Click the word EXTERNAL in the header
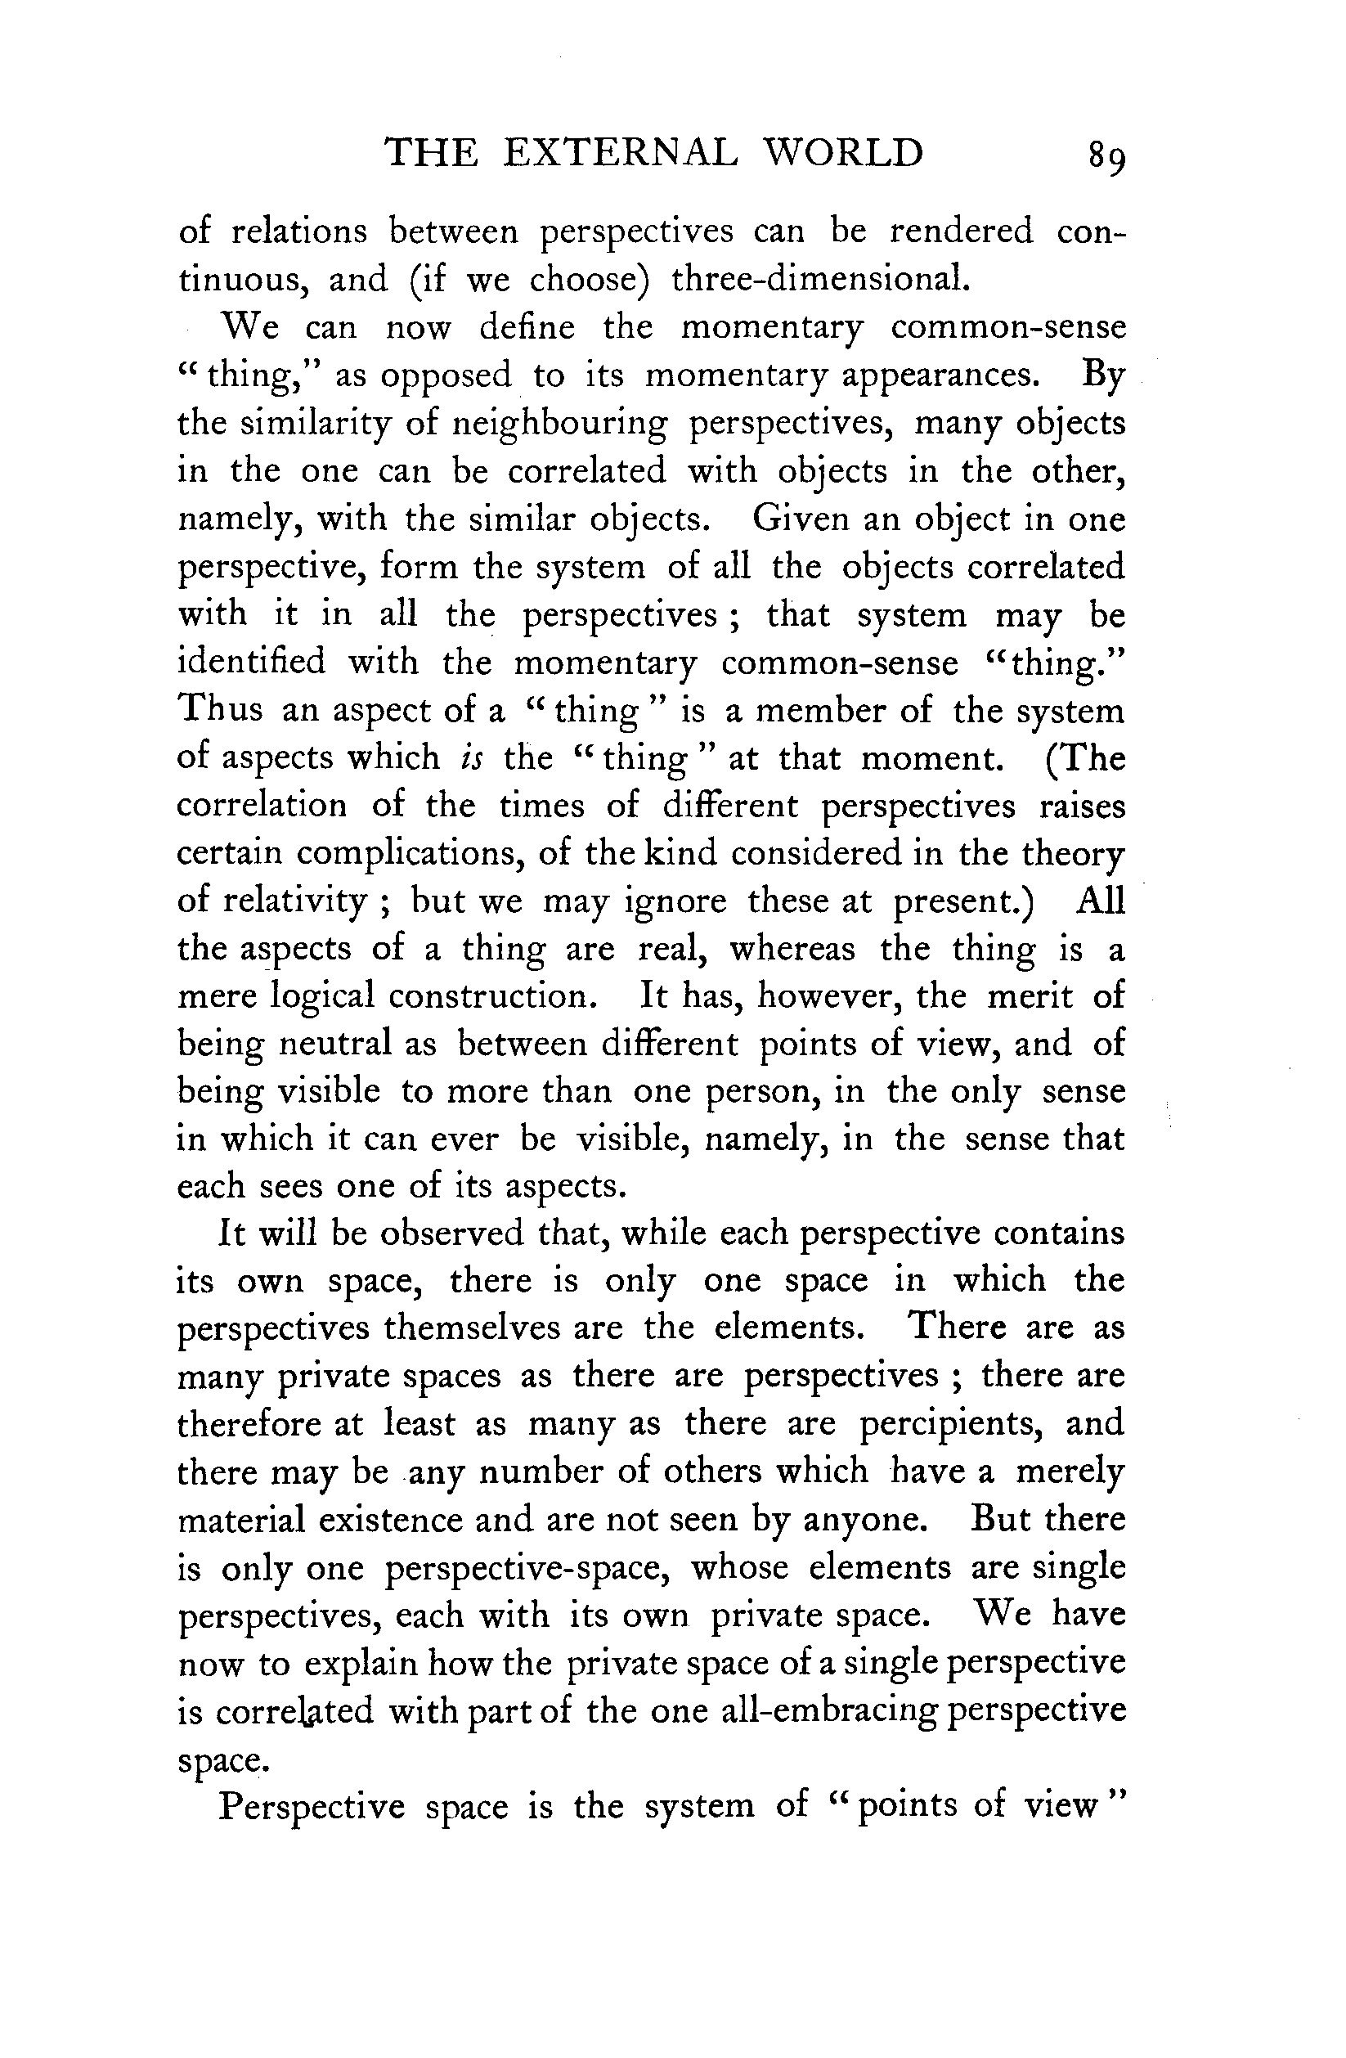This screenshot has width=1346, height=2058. pyautogui.click(x=620, y=153)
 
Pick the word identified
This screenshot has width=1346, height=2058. pyautogui.click(x=251, y=663)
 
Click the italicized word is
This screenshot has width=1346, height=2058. pyautogui.click(x=471, y=758)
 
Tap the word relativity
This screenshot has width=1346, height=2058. pyautogui.click(x=294, y=902)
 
